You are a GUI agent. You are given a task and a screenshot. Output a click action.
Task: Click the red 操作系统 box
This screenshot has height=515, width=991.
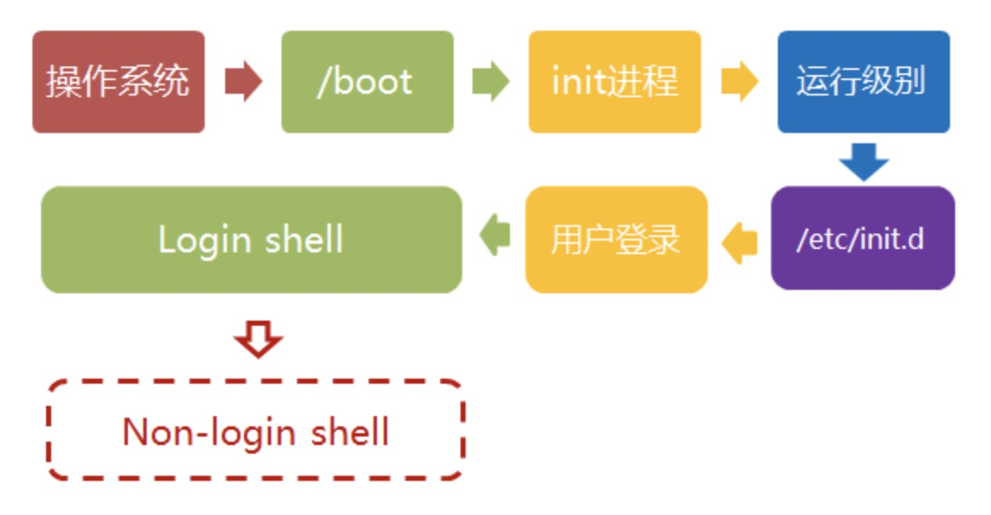click(x=119, y=82)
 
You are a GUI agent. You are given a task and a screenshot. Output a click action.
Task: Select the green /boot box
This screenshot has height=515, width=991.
click(x=367, y=82)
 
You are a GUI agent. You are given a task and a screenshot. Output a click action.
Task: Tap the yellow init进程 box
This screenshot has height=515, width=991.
click(x=614, y=82)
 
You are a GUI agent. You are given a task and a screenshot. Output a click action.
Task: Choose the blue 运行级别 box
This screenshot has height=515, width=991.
click(x=863, y=82)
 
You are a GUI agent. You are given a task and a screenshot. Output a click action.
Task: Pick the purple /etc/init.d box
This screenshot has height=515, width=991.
click(x=862, y=239)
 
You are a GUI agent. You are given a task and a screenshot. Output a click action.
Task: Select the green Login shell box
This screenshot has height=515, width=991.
click(x=251, y=240)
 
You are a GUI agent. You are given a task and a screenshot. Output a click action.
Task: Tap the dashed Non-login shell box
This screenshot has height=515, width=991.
click(x=255, y=431)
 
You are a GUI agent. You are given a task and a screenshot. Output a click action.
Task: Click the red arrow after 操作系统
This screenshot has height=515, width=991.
click(x=243, y=82)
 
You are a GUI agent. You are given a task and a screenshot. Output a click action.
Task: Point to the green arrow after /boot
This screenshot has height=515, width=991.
click(x=490, y=82)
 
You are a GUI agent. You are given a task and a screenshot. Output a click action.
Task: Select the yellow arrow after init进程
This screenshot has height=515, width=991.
click(x=739, y=82)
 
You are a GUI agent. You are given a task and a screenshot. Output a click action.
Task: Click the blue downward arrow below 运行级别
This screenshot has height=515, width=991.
click(x=863, y=161)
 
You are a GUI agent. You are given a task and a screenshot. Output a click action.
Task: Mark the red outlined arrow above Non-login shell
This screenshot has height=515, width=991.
click(x=258, y=340)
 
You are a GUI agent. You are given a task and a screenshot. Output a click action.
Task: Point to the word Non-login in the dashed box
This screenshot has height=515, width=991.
click(x=206, y=431)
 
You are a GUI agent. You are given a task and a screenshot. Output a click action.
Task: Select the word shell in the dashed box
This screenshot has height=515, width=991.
click(x=347, y=431)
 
